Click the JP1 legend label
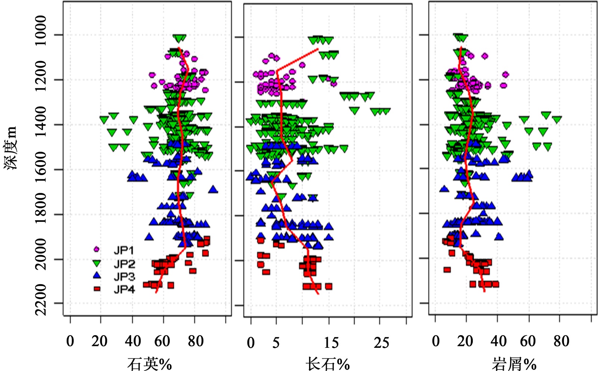(x=124, y=250)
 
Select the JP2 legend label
(x=124, y=264)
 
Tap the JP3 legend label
(x=124, y=277)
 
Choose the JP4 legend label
(x=124, y=289)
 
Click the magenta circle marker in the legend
(x=97, y=249)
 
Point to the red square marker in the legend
(x=97, y=289)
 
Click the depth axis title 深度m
(x=11, y=148)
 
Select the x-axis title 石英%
(x=149, y=363)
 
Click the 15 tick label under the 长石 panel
(x=331, y=343)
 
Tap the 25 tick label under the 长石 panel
(x=382, y=343)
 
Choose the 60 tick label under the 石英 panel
(x=162, y=341)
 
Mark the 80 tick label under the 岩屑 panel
(x=561, y=341)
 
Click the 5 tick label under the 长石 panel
(x=276, y=343)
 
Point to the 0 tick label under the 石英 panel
(x=70, y=341)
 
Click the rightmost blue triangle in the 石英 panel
(x=213, y=189)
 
